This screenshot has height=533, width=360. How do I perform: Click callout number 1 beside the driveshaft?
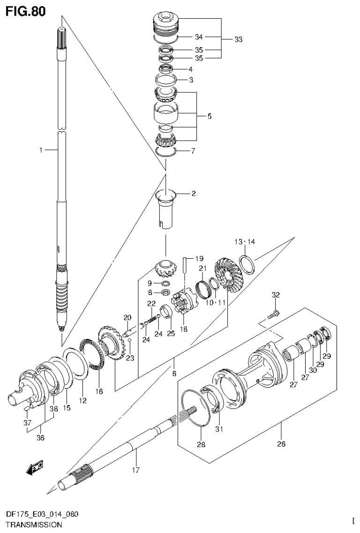click(41, 150)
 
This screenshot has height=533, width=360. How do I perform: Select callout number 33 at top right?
click(238, 40)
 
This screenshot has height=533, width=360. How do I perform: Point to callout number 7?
click(192, 151)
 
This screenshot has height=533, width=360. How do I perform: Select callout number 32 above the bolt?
click(276, 294)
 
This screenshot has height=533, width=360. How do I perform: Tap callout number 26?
click(281, 443)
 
